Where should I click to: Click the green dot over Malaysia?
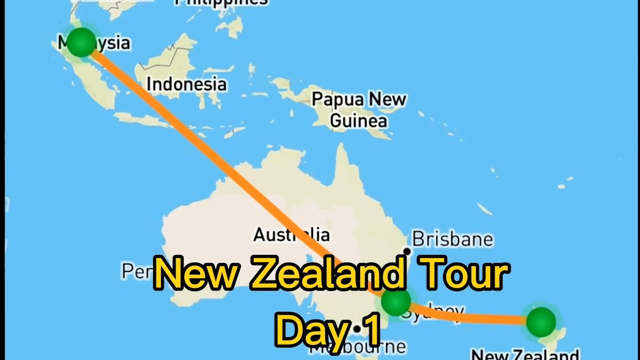click(x=80, y=42)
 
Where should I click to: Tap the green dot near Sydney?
click(x=396, y=301)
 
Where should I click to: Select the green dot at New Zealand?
click(x=541, y=321)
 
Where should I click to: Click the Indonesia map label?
click(x=186, y=84)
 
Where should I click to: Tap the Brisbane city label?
click(x=452, y=239)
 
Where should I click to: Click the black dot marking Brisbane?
click(x=407, y=251)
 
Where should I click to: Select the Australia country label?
click(x=291, y=234)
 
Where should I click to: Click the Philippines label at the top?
click(x=221, y=2)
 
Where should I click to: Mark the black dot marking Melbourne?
click(x=357, y=329)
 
